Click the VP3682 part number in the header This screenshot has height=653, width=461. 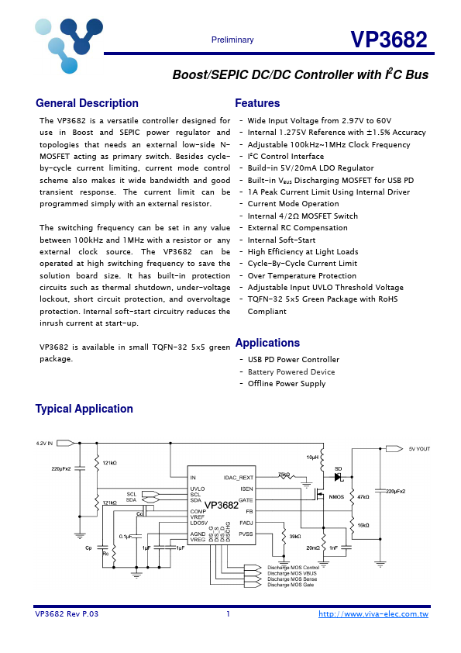(x=388, y=40)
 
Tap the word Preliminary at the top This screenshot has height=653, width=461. (x=232, y=40)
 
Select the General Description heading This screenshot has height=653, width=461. (x=88, y=103)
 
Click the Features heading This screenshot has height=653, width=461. (x=257, y=103)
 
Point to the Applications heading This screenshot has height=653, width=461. (x=267, y=343)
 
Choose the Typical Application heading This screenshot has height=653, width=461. (x=84, y=409)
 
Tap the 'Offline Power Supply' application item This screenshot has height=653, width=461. (x=287, y=384)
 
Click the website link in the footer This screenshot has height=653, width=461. (x=373, y=614)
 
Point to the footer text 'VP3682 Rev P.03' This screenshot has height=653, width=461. (x=67, y=614)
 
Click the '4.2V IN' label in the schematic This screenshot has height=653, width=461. (x=44, y=444)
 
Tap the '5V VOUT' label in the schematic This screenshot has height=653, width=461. (x=419, y=448)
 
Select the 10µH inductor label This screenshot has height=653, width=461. (x=312, y=458)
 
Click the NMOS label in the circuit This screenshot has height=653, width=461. (x=336, y=497)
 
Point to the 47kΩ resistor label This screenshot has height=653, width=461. (x=363, y=496)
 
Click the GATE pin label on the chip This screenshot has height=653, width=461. (x=246, y=500)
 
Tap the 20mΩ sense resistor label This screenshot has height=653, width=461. (x=312, y=548)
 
